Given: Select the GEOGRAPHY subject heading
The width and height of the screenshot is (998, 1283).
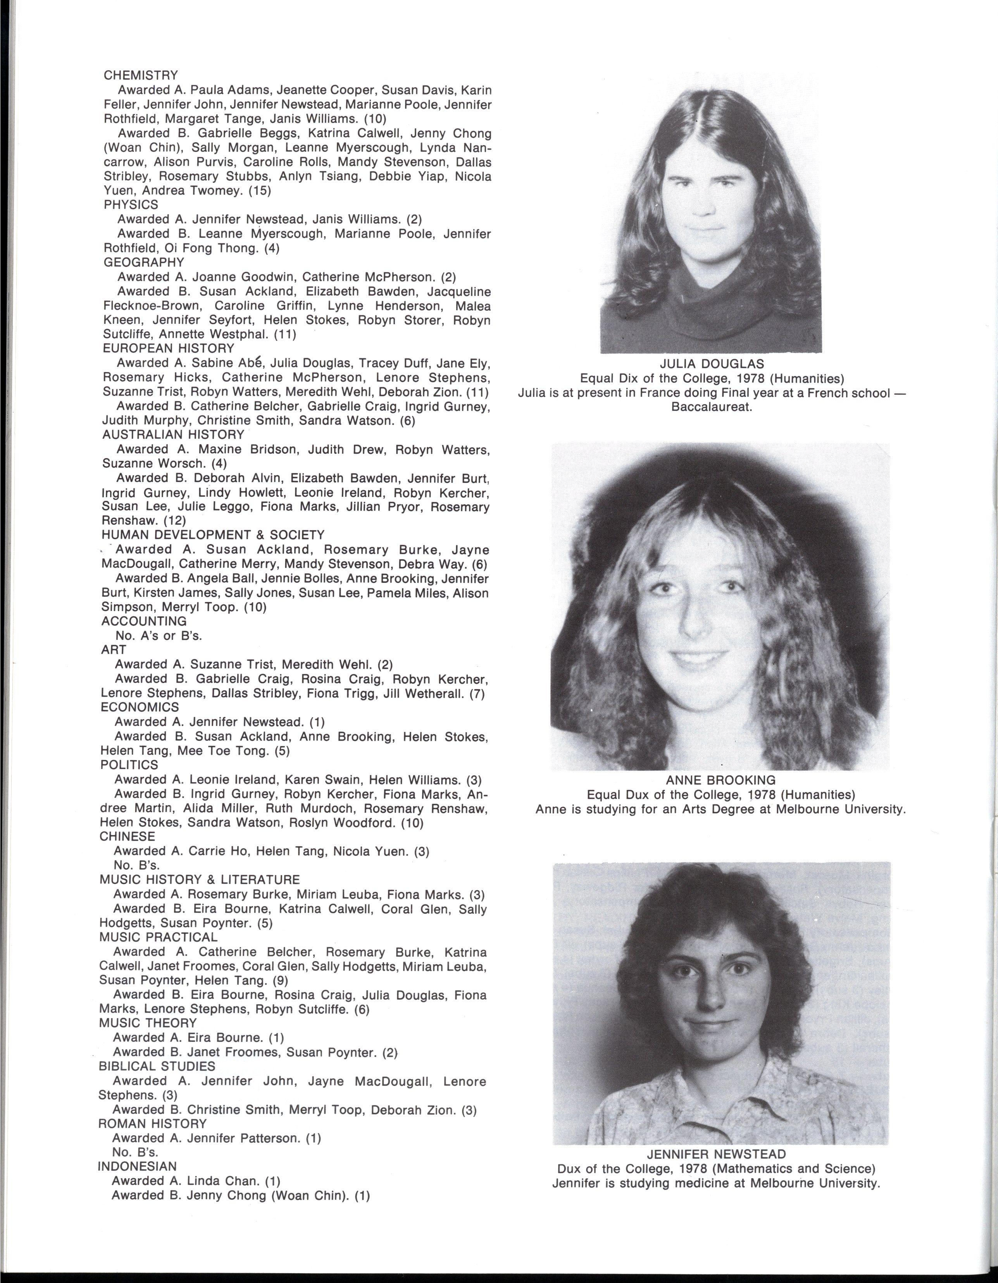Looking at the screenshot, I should (x=143, y=262).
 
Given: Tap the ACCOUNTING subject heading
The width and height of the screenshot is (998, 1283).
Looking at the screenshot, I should (x=144, y=621).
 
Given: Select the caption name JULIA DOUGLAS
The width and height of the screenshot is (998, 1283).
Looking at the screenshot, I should (x=712, y=364).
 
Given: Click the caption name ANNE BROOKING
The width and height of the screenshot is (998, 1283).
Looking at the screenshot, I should (x=720, y=780).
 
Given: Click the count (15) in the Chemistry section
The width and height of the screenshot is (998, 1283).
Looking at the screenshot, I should (x=260, y=190).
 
